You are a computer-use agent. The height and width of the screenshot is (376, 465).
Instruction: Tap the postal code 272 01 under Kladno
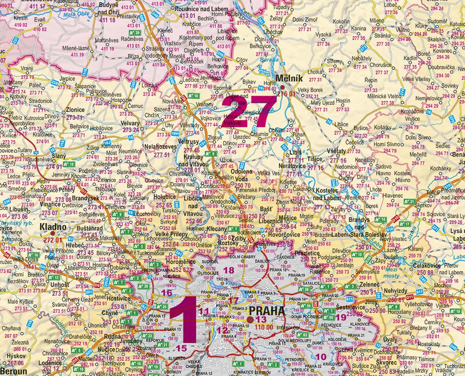52,240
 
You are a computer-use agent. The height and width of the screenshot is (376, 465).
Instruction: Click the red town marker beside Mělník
282,87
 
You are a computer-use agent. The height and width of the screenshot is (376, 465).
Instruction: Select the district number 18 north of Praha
229,270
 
